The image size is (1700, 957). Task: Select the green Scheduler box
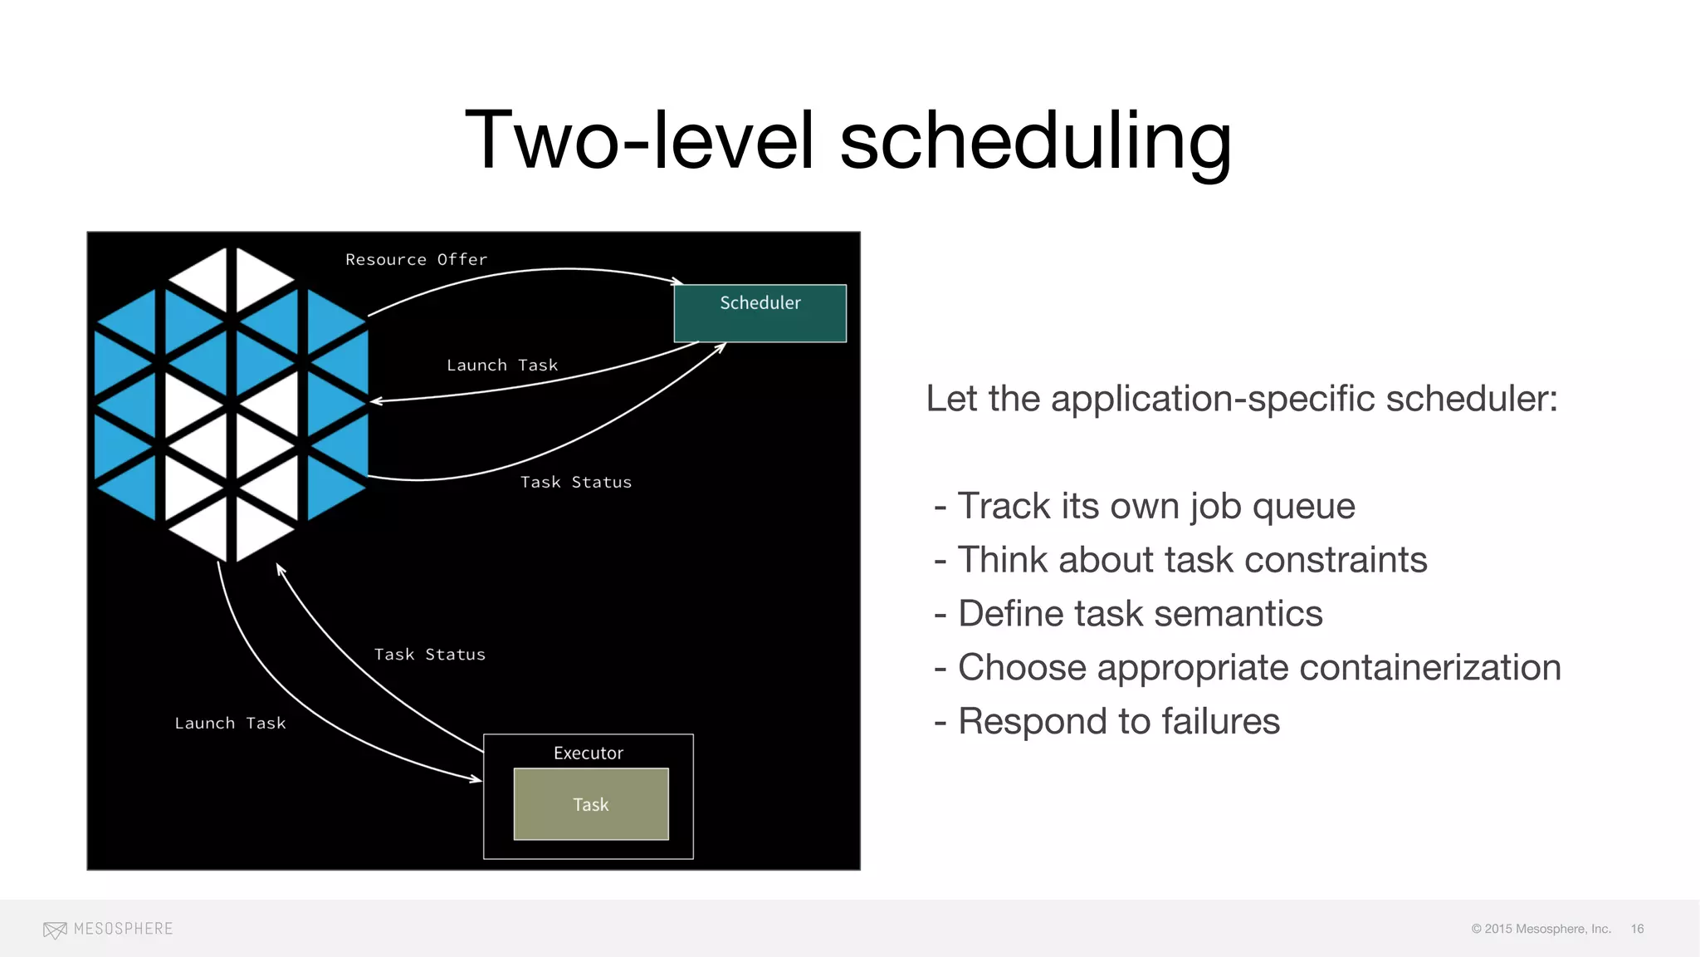pos(760,314)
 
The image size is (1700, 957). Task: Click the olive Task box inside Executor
pos(591,804)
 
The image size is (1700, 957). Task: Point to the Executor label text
pos(588,753)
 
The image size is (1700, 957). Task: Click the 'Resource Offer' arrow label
pos(416,260)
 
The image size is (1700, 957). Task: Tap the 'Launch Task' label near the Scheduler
pos(502,366)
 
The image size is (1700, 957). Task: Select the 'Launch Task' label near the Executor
pos(230,724)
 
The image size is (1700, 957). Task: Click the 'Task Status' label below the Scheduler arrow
pos(575,483)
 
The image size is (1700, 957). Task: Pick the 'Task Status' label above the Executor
pos(429,655)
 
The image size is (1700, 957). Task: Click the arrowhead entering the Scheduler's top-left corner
pos(677,282)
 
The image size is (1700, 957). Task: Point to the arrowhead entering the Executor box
pos(476,779)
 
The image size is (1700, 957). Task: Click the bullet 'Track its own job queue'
pos(1155,506)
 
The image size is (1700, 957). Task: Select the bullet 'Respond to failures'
pos(1118,721)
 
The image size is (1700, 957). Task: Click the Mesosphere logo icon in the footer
pos(55,930)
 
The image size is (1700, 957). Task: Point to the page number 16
pos(1637,929)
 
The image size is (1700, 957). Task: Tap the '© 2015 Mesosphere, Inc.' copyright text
pos(1541,929)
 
